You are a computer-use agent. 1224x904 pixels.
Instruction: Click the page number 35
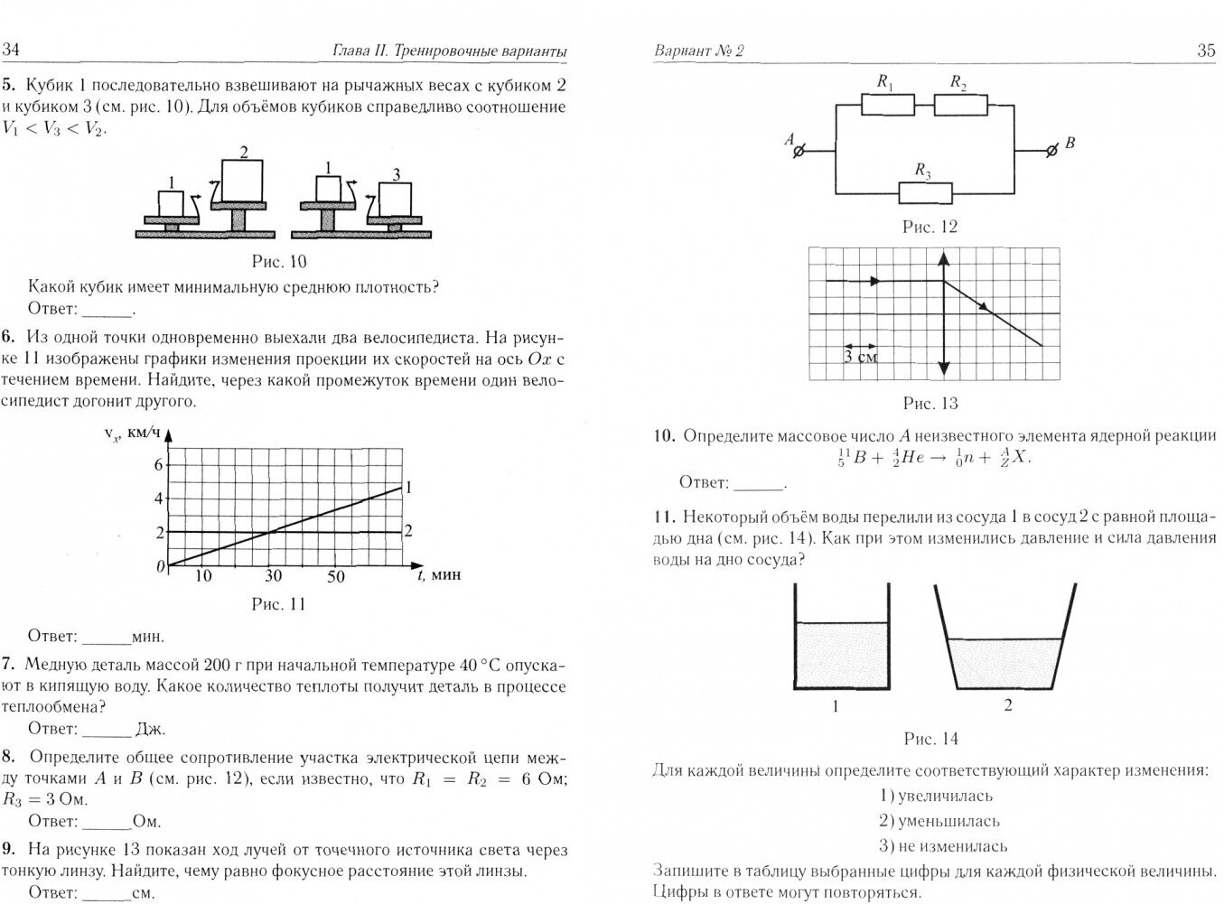pyautogui.click(x=1206, y=51)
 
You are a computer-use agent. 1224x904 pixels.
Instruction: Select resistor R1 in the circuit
pyautogui.click(x=887, y=105)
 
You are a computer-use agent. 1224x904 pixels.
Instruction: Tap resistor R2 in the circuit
pyautogui.click(x=960, y=105)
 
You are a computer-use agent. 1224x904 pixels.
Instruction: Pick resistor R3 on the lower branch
pyautogui.click(x=925, y=192)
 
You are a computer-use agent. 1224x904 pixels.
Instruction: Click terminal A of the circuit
pyautogui.click(x=798, y=151)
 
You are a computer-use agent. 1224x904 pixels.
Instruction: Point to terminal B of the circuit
pyautogui.click(x=1050, y=150)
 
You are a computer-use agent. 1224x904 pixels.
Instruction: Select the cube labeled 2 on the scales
pyautogui.click(x=242, y=181)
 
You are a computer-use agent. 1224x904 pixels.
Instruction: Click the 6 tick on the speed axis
pyautogui.click(x=159, y=464)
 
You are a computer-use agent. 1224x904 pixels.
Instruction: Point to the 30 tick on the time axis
pyautogui.click(x=273, y=576)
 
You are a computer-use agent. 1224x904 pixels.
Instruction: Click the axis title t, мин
pyautogui.click(x=438, y=574)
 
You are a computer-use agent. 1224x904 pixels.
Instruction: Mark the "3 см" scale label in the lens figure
pyautogui.click(x=859, y=356)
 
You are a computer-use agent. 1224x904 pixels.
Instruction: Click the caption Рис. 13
pyautogui.click(x=930, y=404)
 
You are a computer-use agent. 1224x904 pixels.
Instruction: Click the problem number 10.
pyautogui.click(x=664, y=436)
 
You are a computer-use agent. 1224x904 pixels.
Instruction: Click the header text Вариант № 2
pyautogui.click(x=698, y=51)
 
